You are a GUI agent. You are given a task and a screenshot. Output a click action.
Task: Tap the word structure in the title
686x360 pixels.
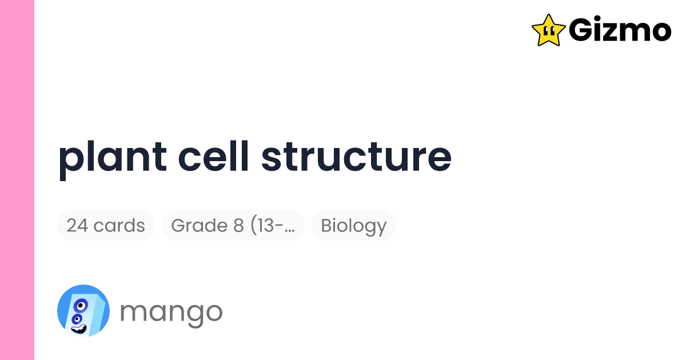point(356,157)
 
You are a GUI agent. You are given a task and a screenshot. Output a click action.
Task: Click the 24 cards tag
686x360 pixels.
point(106,225)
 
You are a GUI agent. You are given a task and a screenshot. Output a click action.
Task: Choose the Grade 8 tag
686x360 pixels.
point(233,225)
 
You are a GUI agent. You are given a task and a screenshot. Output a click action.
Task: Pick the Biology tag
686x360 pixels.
point(353,225)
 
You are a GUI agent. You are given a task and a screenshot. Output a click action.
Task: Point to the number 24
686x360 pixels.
point(77,225)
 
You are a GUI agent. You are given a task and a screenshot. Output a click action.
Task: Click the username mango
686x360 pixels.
point(171,311)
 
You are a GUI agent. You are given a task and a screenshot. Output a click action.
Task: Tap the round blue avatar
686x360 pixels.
point(83,310)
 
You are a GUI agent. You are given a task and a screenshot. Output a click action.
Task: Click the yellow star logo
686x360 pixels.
point(548,30)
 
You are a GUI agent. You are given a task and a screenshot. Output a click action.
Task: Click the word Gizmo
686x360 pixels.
point(620,30)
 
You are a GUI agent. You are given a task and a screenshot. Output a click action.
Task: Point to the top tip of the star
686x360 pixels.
point(548,15)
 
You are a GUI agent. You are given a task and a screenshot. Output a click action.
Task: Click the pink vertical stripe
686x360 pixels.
point(17,180)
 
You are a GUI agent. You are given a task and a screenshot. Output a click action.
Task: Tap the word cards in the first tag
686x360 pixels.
point(118,225)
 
